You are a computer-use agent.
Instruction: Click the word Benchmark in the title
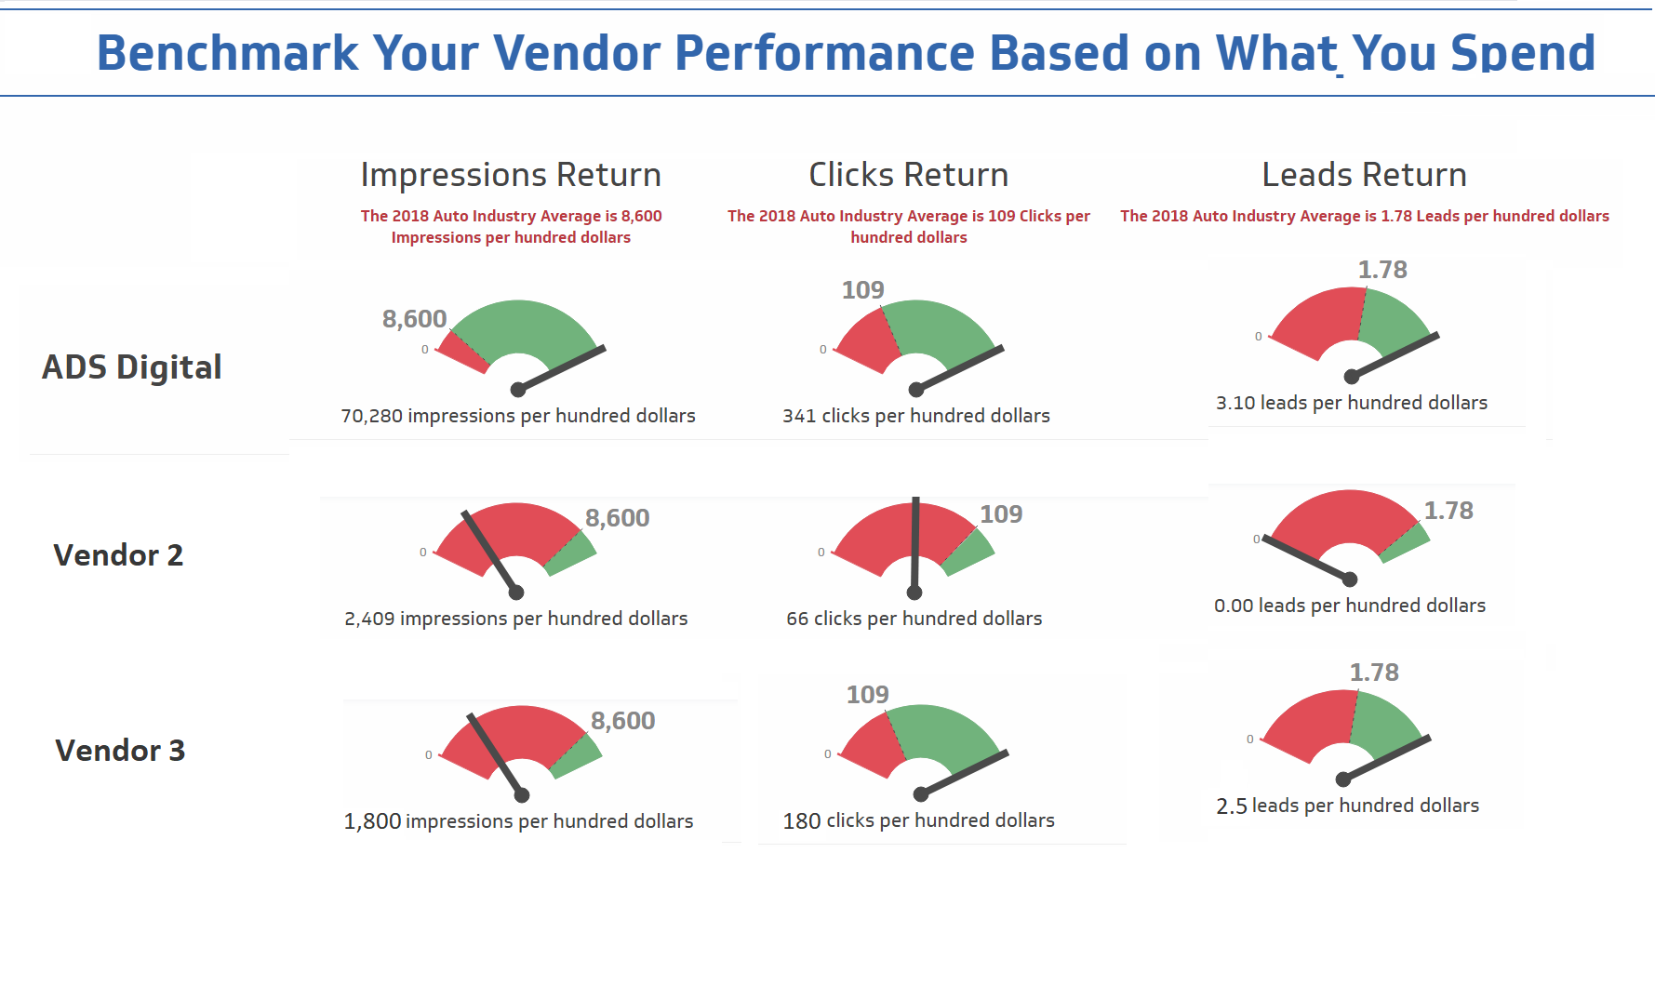(227, 53)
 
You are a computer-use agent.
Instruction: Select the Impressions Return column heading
(511, 175)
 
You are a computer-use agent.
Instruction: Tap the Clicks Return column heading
(908, 175)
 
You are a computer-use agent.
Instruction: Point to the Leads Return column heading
(1364, 175)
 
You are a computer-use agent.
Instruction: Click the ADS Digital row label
(132, 367)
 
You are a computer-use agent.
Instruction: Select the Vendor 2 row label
(118, 555)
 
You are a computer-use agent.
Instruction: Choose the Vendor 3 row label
(120, 751)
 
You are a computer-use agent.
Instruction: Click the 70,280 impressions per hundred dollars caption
(518, 416)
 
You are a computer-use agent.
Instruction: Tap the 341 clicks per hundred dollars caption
(916, 416)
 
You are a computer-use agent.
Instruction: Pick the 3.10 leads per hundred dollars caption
(1352, 403)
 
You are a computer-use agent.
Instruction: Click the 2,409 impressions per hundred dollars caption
(516, 619)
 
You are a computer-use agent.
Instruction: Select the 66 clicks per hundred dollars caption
(914, 619)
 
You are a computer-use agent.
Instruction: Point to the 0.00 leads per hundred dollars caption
(1350, 606)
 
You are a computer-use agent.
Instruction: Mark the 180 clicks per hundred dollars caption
(919, 820)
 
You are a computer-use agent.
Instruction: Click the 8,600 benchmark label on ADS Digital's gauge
(415, 319)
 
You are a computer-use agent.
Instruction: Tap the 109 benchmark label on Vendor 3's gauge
(868, 695)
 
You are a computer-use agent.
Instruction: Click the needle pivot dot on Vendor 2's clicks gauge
(914, 593)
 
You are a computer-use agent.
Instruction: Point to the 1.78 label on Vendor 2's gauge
(1448, 511)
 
